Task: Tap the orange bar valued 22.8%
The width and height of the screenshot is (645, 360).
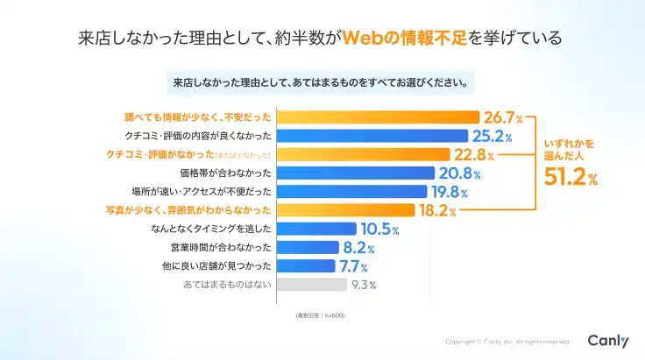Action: coord(368,154)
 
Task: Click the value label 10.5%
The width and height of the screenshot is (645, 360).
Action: coord(379,229)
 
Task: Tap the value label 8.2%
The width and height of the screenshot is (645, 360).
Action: coord(358,247)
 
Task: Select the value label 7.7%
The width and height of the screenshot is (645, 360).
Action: coord(354,265)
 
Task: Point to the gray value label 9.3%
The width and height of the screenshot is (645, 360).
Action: coord(364,285)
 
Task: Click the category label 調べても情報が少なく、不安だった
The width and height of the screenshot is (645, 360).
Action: coord(199,117)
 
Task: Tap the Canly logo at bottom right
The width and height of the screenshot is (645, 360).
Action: coord(607,341)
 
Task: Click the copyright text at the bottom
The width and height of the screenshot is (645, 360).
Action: coord(507,342)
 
